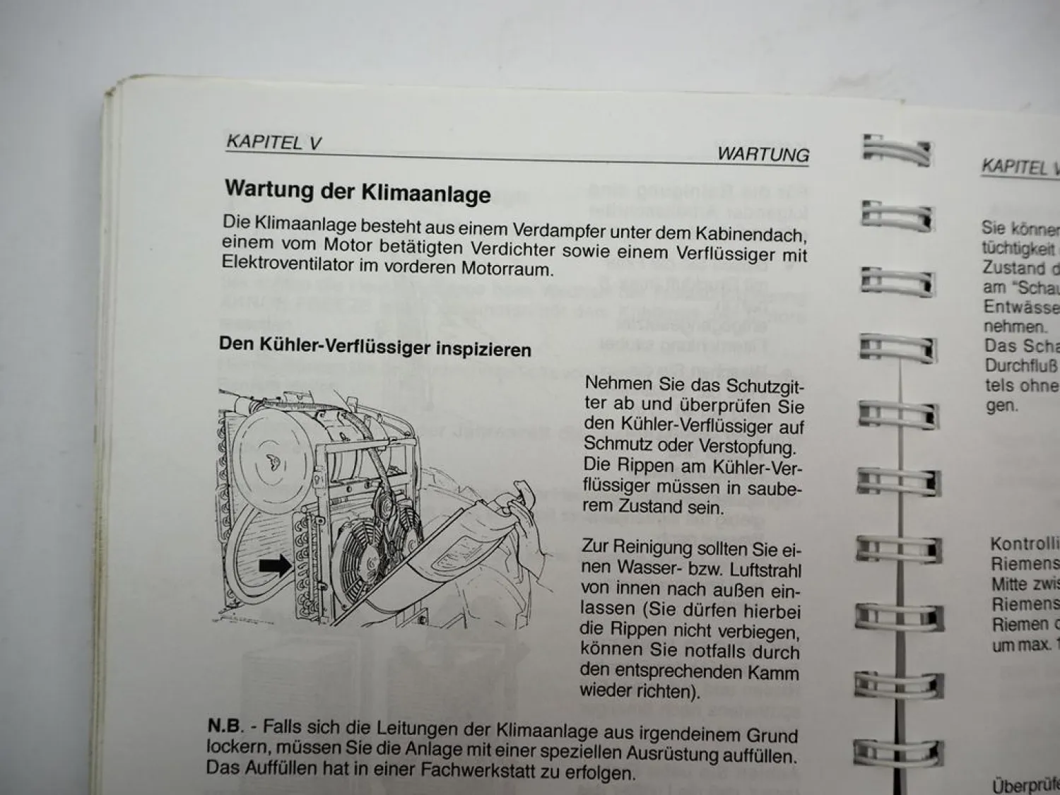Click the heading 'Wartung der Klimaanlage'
[357, 192]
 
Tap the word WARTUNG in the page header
[762, 154]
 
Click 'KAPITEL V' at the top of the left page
[273, 142]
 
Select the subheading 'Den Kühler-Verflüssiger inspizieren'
[375, 347]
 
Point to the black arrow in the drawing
[275, 565]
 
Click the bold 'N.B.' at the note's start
[225, 726]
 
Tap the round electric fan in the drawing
[368, 559]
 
